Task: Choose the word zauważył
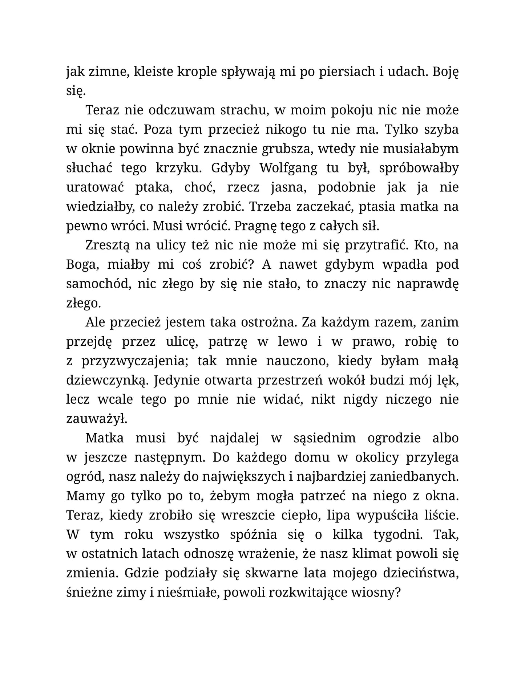(x=97, y=419)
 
